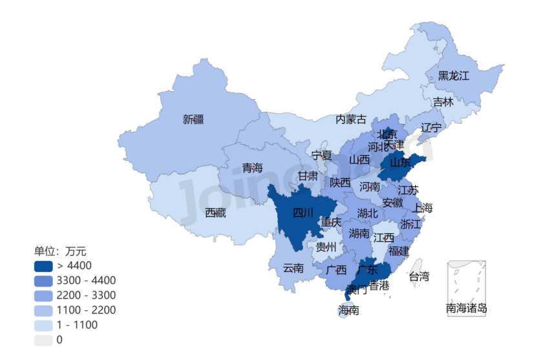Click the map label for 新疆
coord(193,119)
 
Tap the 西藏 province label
coord(215,213)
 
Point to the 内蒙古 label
coord(351,119)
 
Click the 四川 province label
coord(303,213)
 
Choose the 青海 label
coord(253,168)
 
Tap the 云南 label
coord(293,268)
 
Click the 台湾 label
coord(419,277)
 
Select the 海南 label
coord(349,310)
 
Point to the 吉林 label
coord(443,102)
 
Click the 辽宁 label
coord(431,127)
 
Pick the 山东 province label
coord(400,164)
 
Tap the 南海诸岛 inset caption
coord(466,308)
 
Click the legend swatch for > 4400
coord(43,266)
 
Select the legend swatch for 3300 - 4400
coord(43,281)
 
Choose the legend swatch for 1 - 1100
coord(43,325)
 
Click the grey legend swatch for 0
coord(43,340)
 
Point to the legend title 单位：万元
coord(60,251)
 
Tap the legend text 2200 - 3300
coord(86,295)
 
